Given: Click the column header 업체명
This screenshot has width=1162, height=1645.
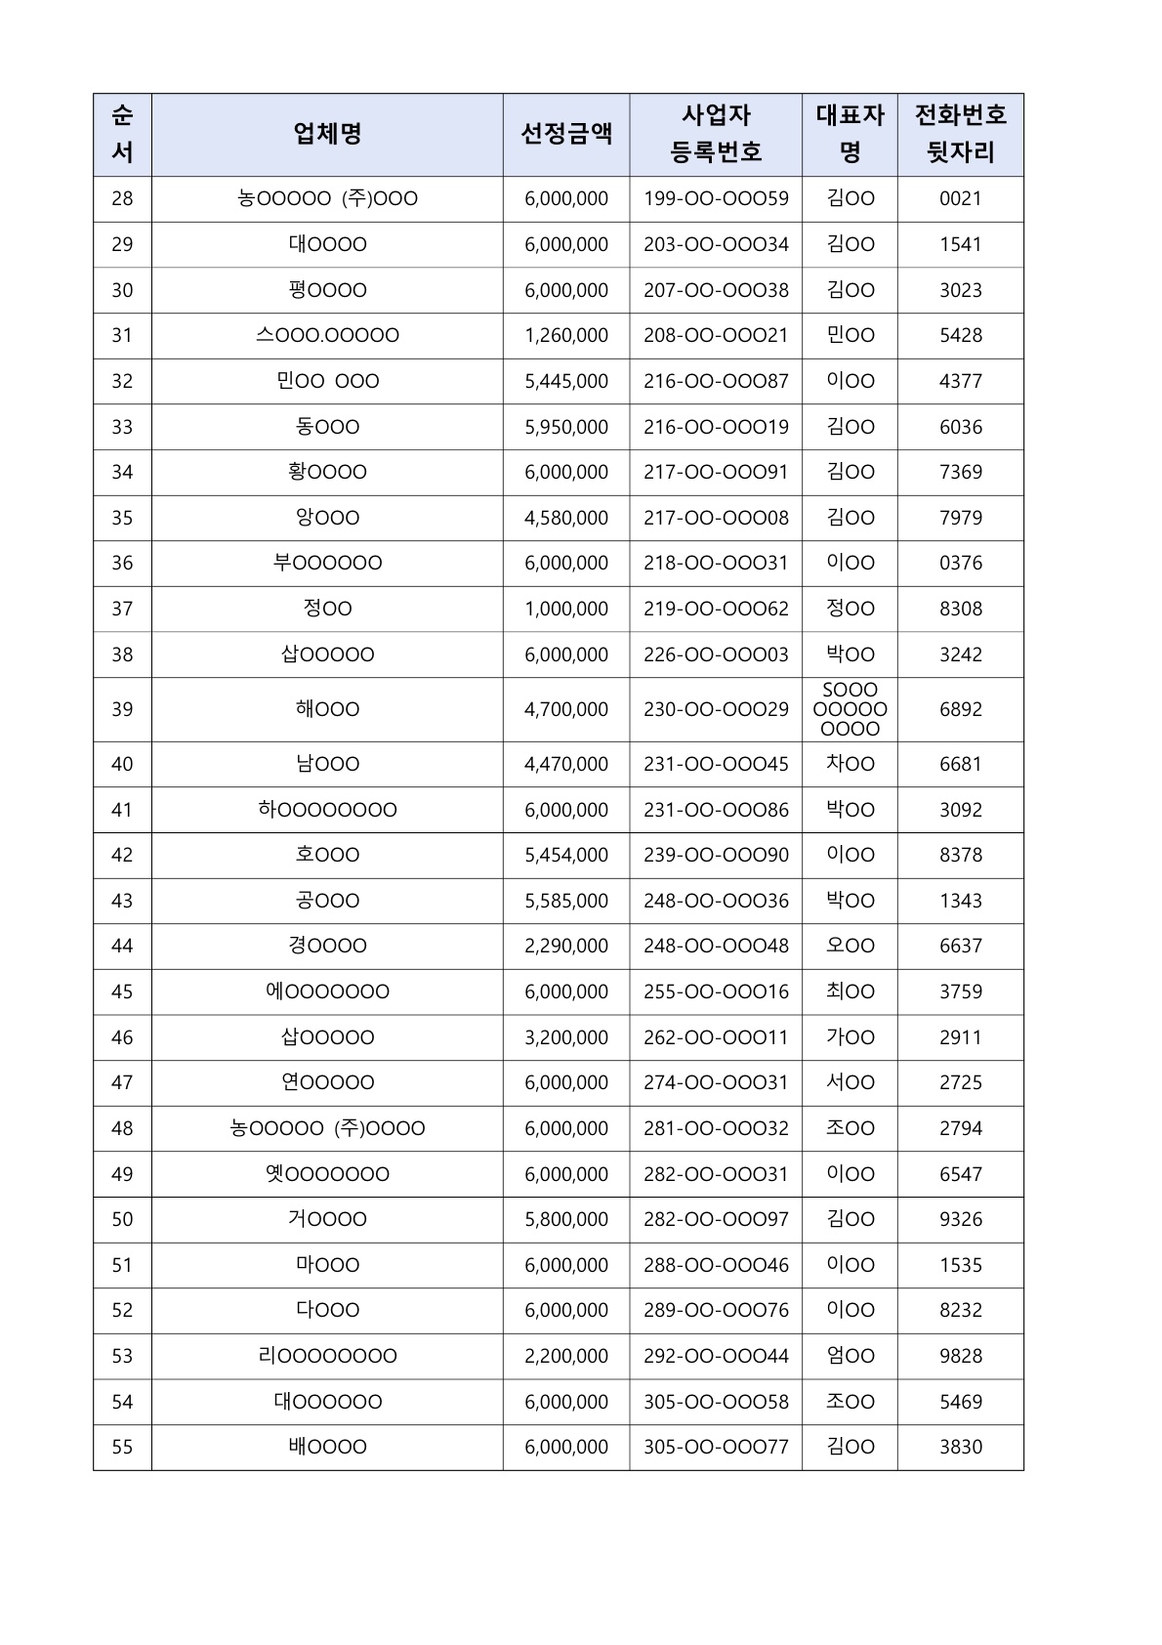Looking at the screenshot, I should point(327,134).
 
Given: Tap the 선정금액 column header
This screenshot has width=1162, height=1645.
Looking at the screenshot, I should point(566,134).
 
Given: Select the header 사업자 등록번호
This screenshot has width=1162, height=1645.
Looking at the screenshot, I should point(716,134).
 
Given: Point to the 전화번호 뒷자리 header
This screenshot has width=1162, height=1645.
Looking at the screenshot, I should point(960,134).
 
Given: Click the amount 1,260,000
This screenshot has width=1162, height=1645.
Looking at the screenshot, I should point(566,335).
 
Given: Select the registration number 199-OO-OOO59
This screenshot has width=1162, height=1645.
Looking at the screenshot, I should point(716,198).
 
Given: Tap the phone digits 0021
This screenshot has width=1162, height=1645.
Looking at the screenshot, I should point(960,198).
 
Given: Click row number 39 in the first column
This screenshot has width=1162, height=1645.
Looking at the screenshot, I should point(122,709).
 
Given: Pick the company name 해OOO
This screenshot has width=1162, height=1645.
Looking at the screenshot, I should point(327,709).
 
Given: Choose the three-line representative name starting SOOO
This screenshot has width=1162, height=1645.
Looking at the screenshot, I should point(850,709).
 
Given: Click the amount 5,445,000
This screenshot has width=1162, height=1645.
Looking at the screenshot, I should point(566,381).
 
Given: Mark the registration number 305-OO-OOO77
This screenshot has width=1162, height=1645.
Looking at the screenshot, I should point(716,1447).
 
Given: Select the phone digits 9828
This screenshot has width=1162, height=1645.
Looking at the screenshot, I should point(960,1356).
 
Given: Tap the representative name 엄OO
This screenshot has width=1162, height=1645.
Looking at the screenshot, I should point(850,1356).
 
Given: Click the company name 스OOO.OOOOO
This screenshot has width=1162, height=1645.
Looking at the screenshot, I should point(327,335).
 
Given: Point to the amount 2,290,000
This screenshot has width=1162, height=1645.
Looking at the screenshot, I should point(566,946).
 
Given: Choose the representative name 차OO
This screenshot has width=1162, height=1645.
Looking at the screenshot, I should point(850,764).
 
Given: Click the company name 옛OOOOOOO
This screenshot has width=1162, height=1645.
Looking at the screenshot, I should point(327,1174).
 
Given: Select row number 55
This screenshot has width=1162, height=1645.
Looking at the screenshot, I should point(122,1447).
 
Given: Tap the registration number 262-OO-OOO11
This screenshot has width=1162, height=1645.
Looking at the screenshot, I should point(716,1037).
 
